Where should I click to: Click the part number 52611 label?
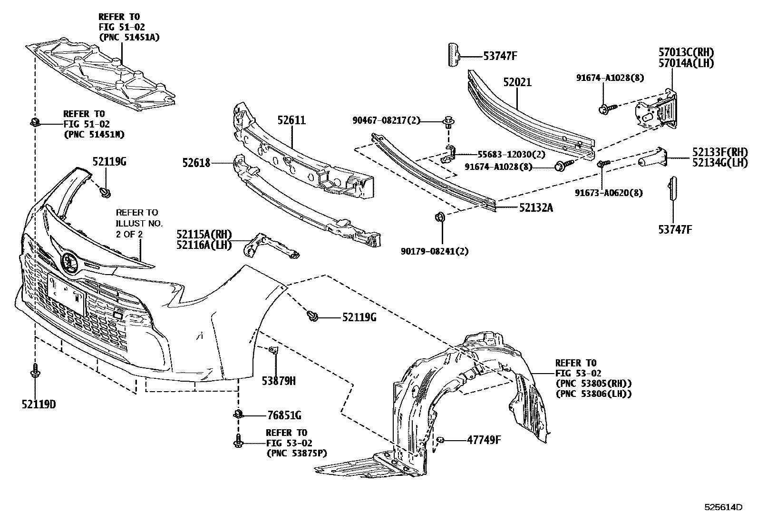click(x=291, y=121)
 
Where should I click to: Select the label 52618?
click(x=196, y=163)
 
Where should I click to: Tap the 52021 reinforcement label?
click(x=517, y=82)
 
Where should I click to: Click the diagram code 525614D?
click(x=723, y=507)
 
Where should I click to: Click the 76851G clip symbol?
click(x=238, y=414)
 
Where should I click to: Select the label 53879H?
click(x=279, y=380)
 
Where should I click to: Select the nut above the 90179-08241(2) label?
click(x=440, y=217)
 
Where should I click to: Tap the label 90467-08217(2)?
click(x=387, y=121)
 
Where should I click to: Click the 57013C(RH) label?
click(x=686, y=52)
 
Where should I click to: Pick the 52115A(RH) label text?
click(x=204, y=235)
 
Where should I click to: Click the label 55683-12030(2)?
click(x=505, y=155)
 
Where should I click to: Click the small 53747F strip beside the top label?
click(x=453, y=55)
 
